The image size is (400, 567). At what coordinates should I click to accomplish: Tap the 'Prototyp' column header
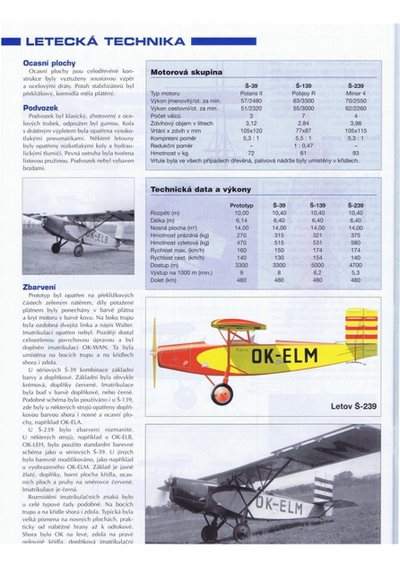point(241,205)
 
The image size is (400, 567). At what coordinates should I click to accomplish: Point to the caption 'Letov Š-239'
point(351,406)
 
